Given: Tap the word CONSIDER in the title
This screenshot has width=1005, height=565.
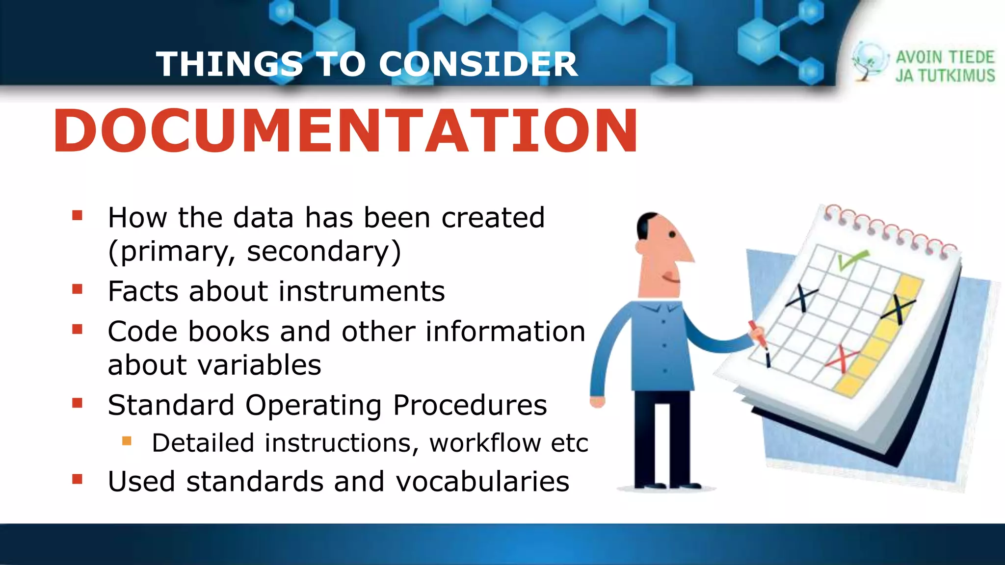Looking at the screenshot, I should click(x=478, y=64).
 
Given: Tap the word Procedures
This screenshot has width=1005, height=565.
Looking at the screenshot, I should click(x=470, y=406).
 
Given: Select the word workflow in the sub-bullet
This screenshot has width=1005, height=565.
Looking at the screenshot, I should click(x=485, y=443).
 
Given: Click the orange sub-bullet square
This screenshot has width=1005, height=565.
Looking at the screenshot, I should click(x=127, y=441).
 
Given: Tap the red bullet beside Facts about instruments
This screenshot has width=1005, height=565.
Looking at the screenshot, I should click(x=77, y=289).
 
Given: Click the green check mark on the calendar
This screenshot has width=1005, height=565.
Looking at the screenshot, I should click(x=851, y=259).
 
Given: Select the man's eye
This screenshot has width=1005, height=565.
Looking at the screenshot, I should click(x=672, y=235).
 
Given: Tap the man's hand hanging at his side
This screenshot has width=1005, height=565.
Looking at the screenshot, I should click(x=597, y=402).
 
